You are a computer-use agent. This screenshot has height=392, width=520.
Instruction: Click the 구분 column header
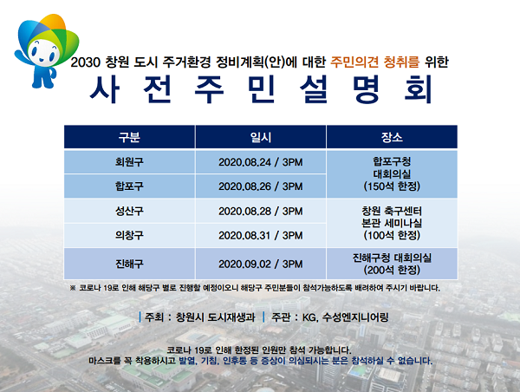pyautogui.click(x=129, y=137)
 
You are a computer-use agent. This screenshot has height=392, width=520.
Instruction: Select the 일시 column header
pyautogui.click(x=261, y=137)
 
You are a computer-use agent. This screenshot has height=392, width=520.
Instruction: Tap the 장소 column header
pyautogui.click(x=392, y=137)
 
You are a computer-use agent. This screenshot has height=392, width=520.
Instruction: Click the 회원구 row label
pyautogui.click(x=129, y=162)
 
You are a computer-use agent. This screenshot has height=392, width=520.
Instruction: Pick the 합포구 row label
pyautogui.click(x=129, y=186)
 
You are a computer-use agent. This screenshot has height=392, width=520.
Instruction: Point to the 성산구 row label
pyautogui.click(x=129, y=211)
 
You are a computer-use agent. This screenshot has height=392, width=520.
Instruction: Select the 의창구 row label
pyautogui.click(x=129, y=235)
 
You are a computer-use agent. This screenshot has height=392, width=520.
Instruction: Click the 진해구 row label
pyautogui.click(x=129, y=264)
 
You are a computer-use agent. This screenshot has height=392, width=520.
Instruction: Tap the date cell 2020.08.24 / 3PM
pyautogui.click(x=261, y=162)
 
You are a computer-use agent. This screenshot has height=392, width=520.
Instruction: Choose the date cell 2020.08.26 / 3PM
pyautogui.click(x=261, y=186)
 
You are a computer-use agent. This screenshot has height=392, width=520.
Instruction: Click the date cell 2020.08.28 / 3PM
pyautogui.click(x=261, y=211)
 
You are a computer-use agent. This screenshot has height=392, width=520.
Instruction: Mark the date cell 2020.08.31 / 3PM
pyautogui.click(x=261, y=235)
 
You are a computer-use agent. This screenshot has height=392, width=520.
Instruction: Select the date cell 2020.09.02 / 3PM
pyautogui.click(x=261, y=264)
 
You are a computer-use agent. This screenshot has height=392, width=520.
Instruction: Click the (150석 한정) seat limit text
pyautogui.click(x=392, y=186)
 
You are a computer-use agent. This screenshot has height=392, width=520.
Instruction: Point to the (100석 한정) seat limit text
pyautogui.click(x=392, y=235)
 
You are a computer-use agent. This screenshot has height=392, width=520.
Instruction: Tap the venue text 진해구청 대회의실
pyautogui.click(x=392, y=258)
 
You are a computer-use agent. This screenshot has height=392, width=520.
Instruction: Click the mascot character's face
pyautogui.click(x=43, y=52)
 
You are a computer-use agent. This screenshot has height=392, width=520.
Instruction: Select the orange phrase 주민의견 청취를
pyautogui.click(x=374, y=62)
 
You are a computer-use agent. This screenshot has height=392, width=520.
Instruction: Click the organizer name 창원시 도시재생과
pyautogui.click(x=215, y=317)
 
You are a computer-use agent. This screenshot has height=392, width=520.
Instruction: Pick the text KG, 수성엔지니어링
pyautogui.click(x=345, y=317)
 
